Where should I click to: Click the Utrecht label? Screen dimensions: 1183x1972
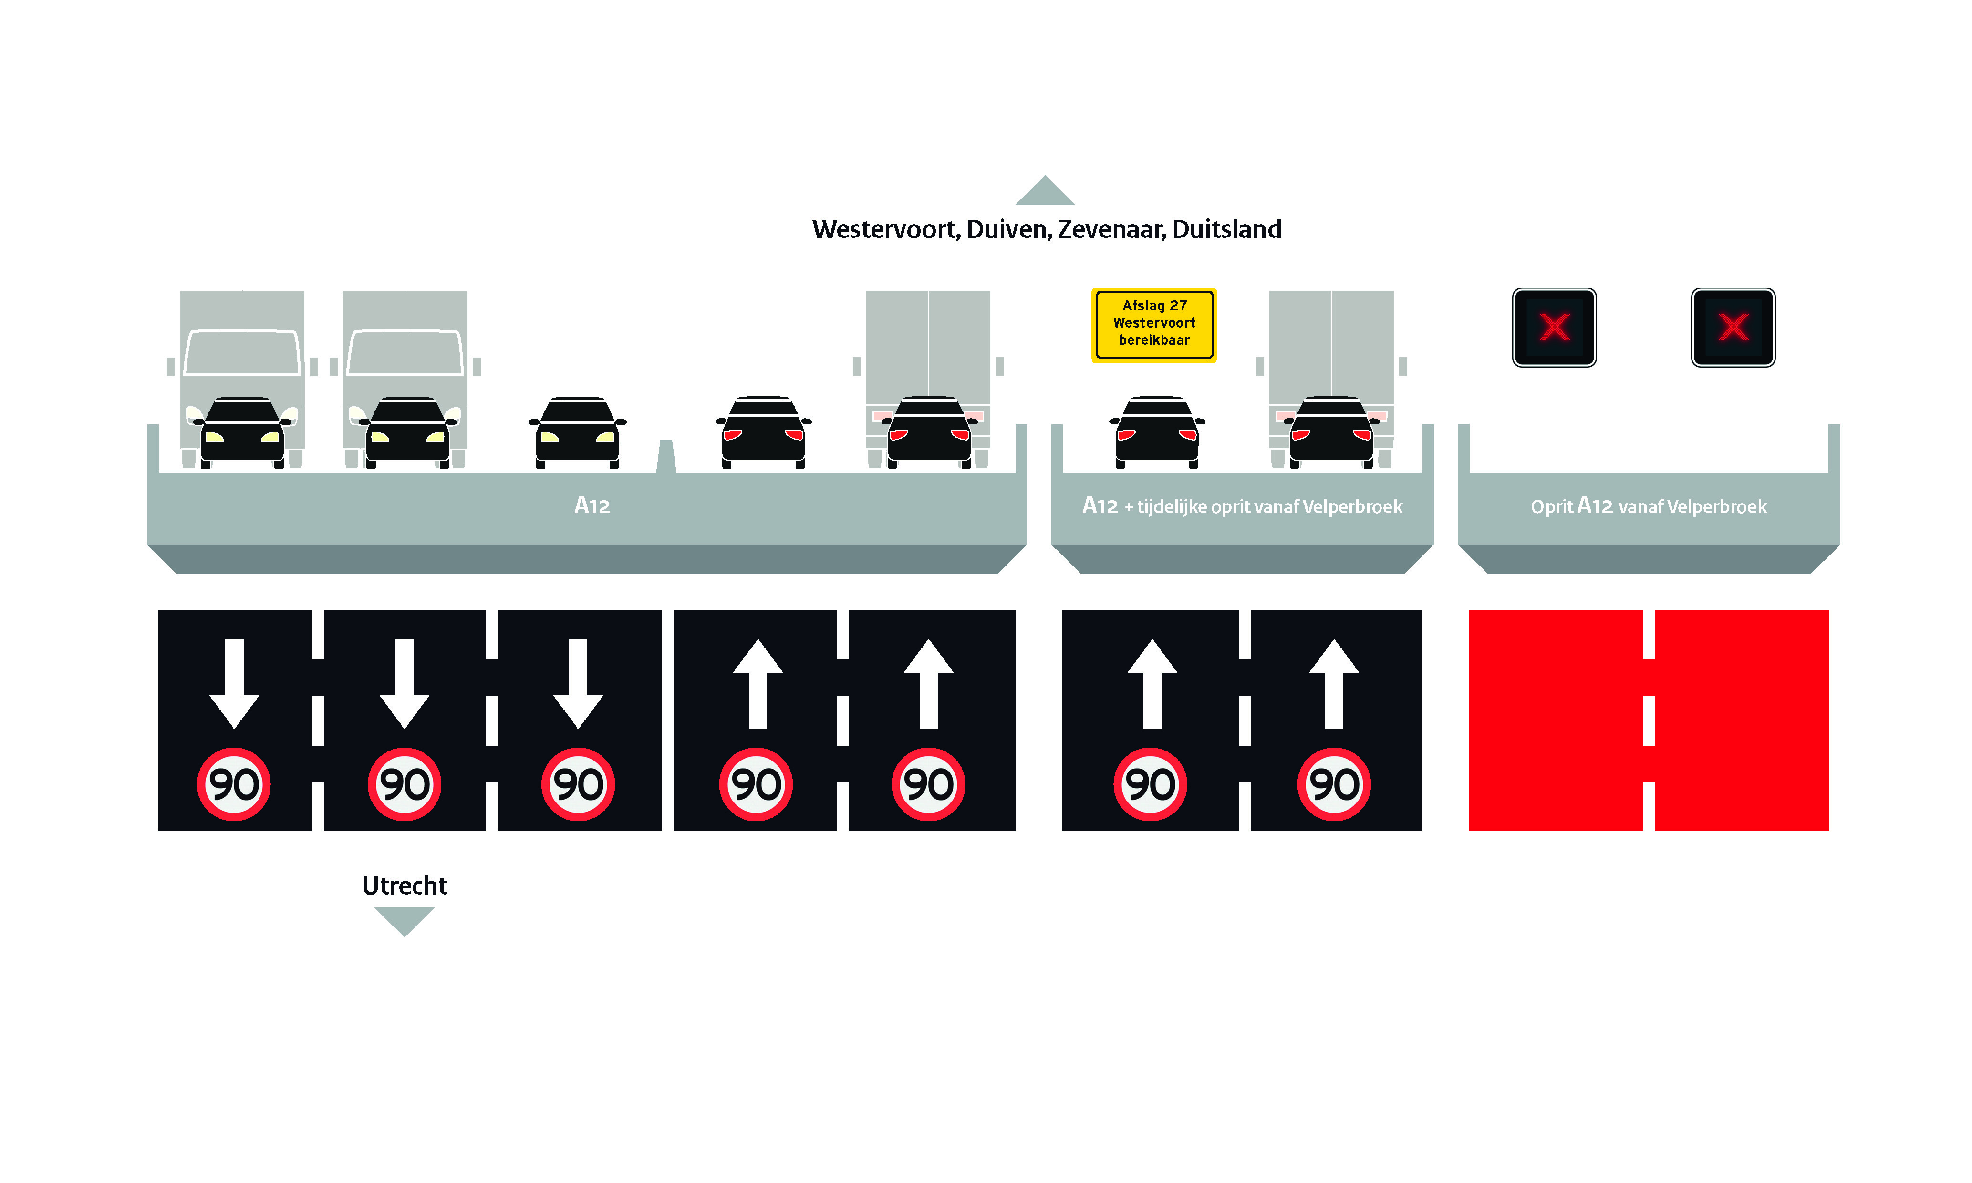(405, 885)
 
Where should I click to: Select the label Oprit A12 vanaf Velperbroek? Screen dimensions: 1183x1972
(1648, 506)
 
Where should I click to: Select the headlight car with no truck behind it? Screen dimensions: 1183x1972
(577, 431)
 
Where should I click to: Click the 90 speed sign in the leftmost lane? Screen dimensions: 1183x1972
(234, 784)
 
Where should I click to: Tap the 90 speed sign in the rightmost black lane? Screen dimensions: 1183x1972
(1333, 784)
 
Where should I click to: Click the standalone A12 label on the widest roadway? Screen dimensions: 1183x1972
(592, 505)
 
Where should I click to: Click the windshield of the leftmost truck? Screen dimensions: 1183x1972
(242, 352)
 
